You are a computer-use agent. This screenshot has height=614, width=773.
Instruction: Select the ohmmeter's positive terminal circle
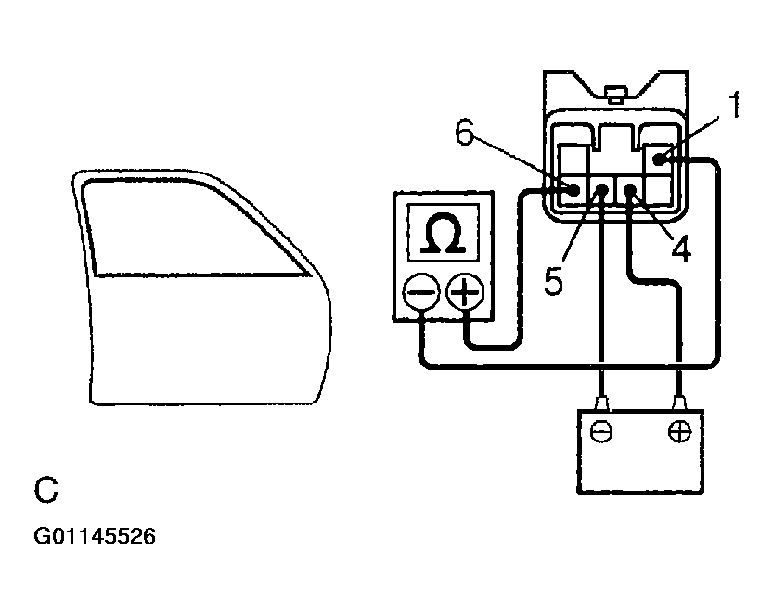[465, 294]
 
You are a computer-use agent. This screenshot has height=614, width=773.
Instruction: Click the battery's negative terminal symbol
[602, 432]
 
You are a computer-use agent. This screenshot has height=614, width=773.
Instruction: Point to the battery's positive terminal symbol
[680, 432]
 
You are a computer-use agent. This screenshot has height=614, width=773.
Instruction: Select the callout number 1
[734, 107]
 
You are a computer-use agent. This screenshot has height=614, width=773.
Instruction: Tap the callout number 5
[554, 280]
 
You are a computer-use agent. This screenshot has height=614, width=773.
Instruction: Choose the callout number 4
[681, 249]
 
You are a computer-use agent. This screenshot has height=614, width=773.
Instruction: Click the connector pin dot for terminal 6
[575, 190]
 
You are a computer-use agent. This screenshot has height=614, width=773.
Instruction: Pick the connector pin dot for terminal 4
[630, 191]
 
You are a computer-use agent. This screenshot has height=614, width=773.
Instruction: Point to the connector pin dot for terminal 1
[660, 160]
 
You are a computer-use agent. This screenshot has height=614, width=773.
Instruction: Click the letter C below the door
[46, 491]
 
